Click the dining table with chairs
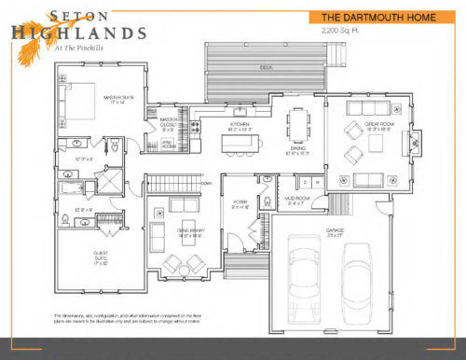(x=298, y=124)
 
